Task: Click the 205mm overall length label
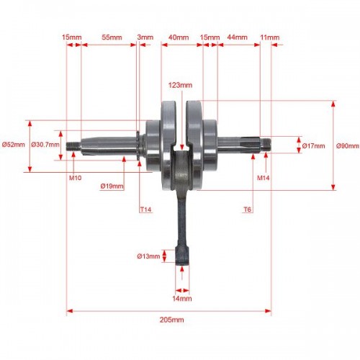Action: pyautogui.click(x=172, y=320)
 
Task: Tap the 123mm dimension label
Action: pyautogui.click(x=180, y=85)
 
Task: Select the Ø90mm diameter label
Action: pyautogui.click(x=348, y=146)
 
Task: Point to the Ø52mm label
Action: pyautogui.click(x=14, y=145)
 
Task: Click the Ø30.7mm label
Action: pyautogui.click(x=45, y=145)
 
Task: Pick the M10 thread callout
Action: pyautogui.click(x=75, y=178)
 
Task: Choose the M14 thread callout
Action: pyautogui.click(x=263, y=178)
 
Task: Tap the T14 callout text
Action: pyautogui.click(x=145, y=210)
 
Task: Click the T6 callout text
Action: pyautogui.click(x=248, y=210)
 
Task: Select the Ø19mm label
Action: pyautogui.click(x=112, y=186)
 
